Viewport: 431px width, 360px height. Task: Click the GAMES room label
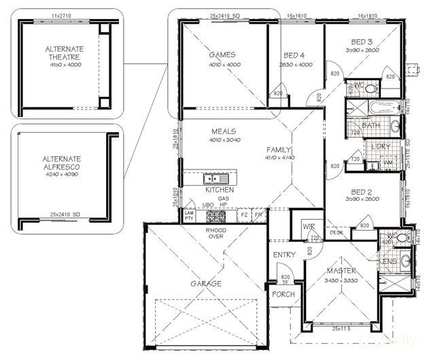(222, 54)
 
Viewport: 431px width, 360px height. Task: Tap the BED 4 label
(294, 55)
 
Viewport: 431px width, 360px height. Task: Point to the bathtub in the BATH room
(378, 108)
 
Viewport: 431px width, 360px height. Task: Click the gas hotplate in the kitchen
(217, 217)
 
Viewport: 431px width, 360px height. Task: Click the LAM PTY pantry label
(190, 215)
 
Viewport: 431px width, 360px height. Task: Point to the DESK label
(335, 232)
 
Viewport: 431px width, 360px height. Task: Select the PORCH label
(283, 295)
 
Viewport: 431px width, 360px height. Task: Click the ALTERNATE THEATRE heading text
(65, 53)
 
